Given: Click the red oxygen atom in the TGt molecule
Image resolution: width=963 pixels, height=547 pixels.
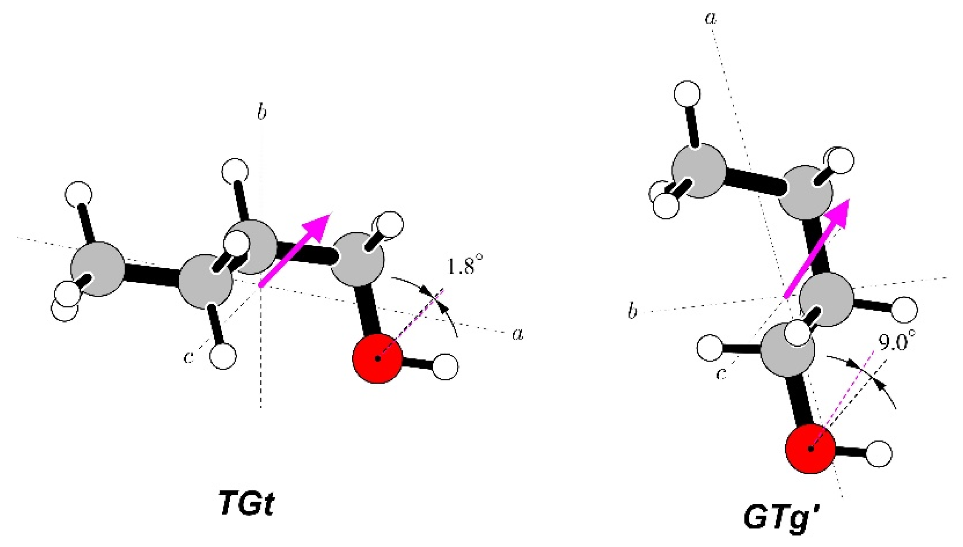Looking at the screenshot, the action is [x=377, y=359].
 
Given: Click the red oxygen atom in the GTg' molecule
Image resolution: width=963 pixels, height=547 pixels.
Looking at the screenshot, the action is [x=811, y=448].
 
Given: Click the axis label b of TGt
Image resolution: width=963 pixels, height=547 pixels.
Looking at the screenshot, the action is [x=262, y=113].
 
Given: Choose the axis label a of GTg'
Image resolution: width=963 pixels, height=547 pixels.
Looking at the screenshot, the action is [x=710, y=18].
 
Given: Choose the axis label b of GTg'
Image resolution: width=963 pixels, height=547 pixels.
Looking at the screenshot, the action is [x=633, y=312].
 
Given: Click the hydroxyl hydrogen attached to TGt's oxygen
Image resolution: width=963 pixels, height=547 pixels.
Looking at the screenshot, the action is [x=445, y=367].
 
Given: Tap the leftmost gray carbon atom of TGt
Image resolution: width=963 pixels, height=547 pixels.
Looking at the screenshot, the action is [x=98, y=269].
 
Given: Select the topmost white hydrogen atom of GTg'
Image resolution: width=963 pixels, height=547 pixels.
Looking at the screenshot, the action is [x=687, y=93].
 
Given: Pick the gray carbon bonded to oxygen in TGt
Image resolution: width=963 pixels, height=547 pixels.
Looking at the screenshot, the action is [x=358, y=259].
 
